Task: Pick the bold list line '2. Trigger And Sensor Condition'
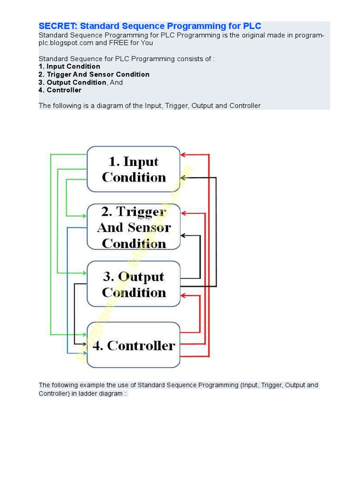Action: click(x=94, y=75)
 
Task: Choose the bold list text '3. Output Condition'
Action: click(x=73, y=82)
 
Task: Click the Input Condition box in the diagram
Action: click(x=134, y=169)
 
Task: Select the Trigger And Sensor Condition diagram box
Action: click(x=134, y=227)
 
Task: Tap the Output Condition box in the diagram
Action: click(x=134, y=284)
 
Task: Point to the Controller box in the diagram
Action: click(x=134, y=345)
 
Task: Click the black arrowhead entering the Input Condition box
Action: click(x=183, y=178)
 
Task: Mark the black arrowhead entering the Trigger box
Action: click(x=183, y=235)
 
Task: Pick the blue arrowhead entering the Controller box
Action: click(x=84, y=353)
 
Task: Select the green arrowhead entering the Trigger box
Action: click(x=84, y=216)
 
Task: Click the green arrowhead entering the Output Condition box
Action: click(x=84, y=273)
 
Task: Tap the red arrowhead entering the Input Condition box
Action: click(x=183, y=155)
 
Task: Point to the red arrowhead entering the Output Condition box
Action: click(x=183, y=296)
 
